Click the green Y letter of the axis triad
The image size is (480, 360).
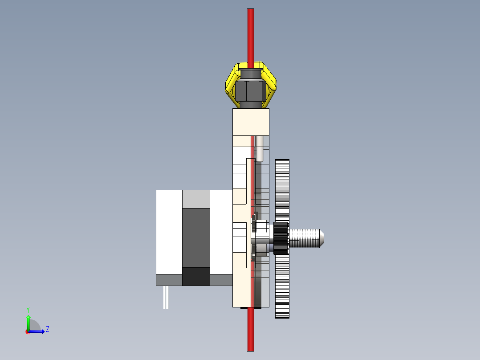tap(28, 309)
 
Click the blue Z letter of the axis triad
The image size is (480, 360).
tap(47, 329)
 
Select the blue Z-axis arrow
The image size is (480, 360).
tap(38, 331)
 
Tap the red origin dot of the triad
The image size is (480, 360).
tap(28, 332)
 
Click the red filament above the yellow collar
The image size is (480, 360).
tap(251, 36)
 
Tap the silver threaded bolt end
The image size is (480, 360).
tap(307, 237)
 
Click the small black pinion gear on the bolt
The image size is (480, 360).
tap(281, 239)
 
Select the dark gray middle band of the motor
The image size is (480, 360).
tap(196, 237)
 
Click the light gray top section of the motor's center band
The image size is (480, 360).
tap(196, 199)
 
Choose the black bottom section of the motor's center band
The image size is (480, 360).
tap(196, 276)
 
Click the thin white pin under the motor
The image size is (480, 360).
tap(166, 297)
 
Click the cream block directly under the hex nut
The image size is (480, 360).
tap(251, 122)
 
